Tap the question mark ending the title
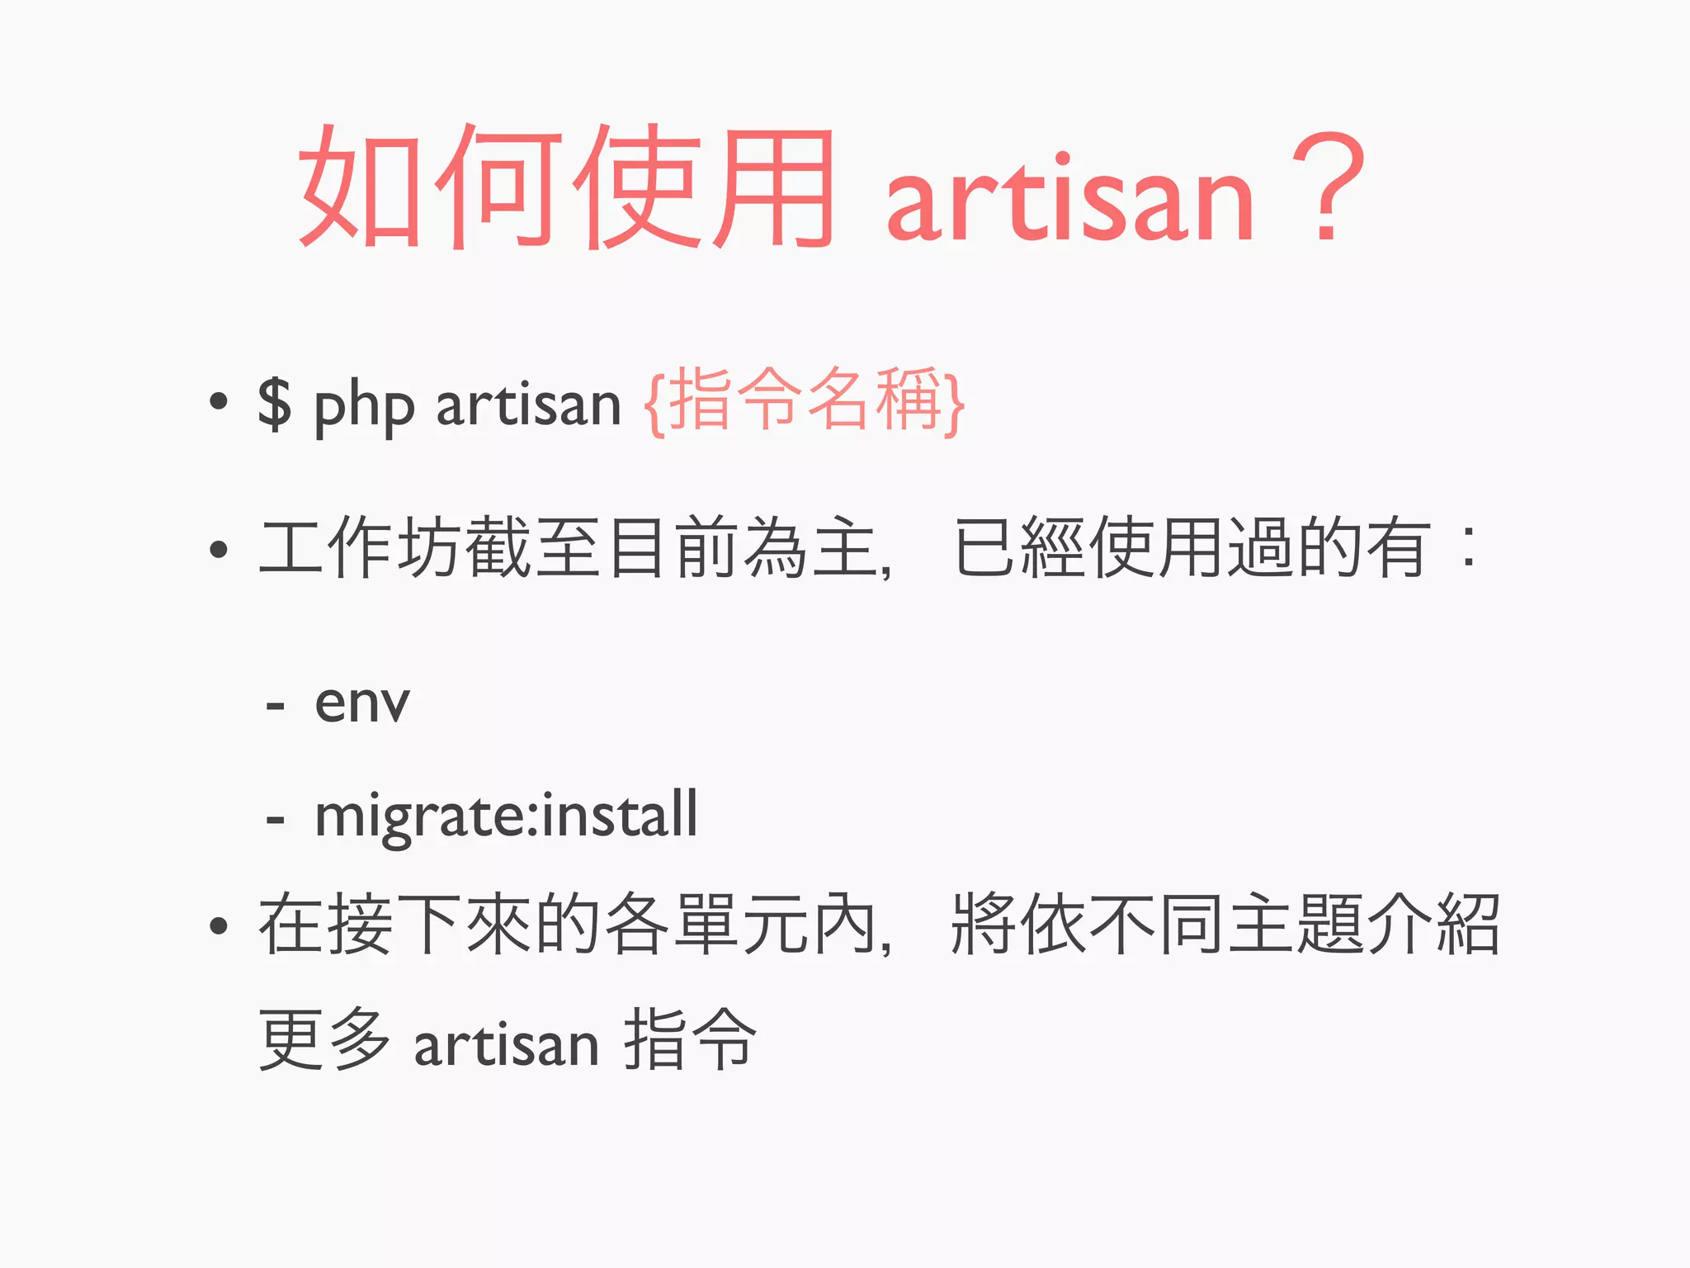1328,188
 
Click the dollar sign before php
275,404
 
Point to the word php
364,407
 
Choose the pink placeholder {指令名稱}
805,401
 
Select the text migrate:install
506,816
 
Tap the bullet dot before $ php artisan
219,402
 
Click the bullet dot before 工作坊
219,549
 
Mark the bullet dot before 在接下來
219,925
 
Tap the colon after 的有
1467,547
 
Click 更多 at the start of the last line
325,1039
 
